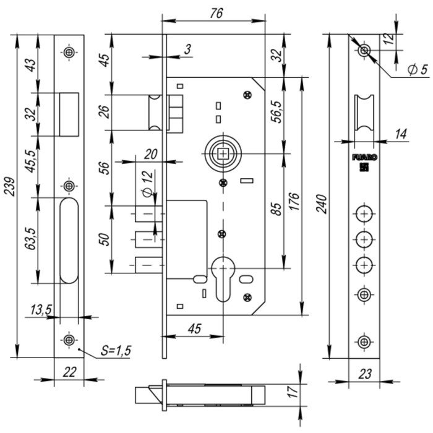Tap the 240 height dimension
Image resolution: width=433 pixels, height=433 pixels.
point(322,204)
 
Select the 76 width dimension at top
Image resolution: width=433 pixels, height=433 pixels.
point(216,13)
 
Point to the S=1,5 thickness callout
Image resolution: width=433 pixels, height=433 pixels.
point(116,351)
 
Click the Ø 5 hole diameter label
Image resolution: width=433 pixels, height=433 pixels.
point(418,69)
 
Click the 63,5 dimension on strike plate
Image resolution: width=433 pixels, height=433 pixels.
point(31,239)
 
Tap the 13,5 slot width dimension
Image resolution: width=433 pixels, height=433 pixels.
point(41,309)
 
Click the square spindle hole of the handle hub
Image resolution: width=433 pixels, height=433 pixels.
point(223,153)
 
